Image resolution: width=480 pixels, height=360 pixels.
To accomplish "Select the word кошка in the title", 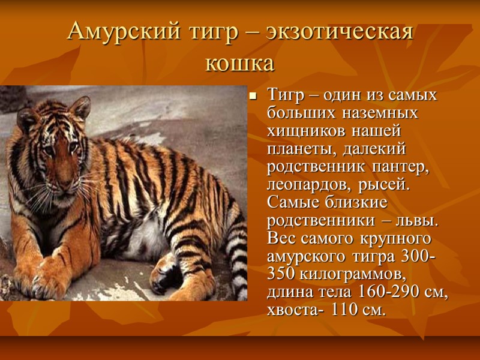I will (239, 62).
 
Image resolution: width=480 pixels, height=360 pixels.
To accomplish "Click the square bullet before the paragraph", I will (253, 95).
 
